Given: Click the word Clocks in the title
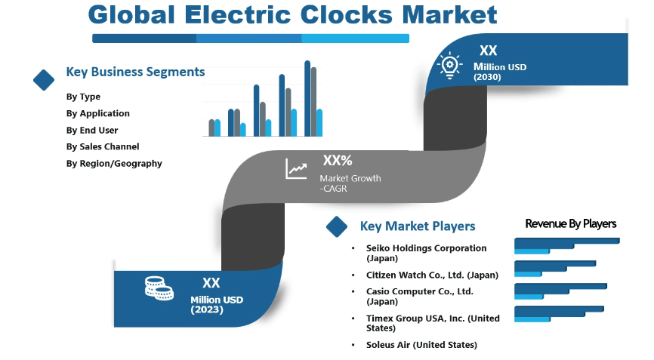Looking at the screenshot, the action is click(x=346, y=15).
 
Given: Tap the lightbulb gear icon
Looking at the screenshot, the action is click(x=449, y=66).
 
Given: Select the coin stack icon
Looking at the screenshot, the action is click(x=159, y=288).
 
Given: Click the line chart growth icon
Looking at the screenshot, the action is click(x=296, y=169).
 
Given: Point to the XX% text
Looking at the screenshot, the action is click(x=338, y=160).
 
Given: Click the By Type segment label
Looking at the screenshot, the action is click(x=83, y=97).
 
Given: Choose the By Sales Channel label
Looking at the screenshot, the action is click(x=103, y=146).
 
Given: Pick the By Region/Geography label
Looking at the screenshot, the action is click(x=114, y=163).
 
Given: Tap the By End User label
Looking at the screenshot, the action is click(x=92, y=130).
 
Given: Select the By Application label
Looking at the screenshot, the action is click(x=97, y=113).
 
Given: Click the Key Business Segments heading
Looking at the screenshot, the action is click(x=135, y=72).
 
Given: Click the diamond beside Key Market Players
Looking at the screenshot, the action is click(x=337, y=226).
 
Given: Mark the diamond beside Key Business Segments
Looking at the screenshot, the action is click(x=44, y=79).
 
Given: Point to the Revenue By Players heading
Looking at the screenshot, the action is click(x=571, y=223).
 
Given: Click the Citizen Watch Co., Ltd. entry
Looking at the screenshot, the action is click(x=432, y=275).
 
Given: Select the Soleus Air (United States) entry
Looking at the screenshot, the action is click(x=421, y=345).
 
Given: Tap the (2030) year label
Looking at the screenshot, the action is click(x=487, y=77).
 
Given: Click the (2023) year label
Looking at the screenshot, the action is click(x=207, y=309).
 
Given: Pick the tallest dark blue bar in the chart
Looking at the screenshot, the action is click(x=307, y=98).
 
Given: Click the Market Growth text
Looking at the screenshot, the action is click(x=350, y=178).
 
